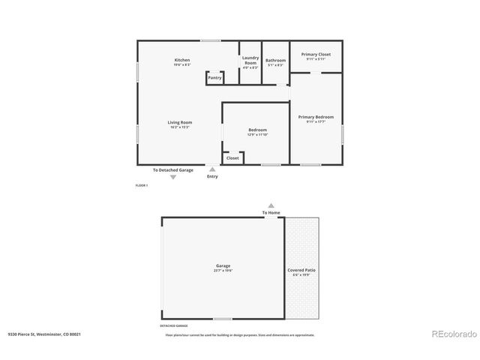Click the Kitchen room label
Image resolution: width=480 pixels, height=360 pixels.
pos(182,60)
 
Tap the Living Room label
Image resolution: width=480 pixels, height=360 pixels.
pos(180,122)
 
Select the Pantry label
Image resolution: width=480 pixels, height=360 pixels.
pos(214,77)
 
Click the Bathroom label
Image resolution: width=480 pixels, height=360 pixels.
pos(275,60)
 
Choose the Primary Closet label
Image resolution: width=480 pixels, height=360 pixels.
pos(316,54)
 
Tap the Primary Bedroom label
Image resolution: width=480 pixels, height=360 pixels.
pos(316,117)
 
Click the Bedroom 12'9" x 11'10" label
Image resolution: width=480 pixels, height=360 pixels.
pos(257,130)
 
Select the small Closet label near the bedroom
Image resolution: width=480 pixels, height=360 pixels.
pos(232,158)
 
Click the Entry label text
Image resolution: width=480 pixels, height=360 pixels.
pos(212,176)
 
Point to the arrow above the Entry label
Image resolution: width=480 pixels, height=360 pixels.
pos(212,169)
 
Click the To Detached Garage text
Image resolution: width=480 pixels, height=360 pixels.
pos(173,170)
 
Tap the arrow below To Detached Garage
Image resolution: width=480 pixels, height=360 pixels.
pos(173,177)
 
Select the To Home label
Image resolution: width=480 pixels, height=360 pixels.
pos(271,212)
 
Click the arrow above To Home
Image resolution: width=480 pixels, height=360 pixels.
pos(271,205)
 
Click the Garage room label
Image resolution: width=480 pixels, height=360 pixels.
pos(223,265)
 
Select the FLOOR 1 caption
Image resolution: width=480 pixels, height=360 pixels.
pos(142,184)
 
